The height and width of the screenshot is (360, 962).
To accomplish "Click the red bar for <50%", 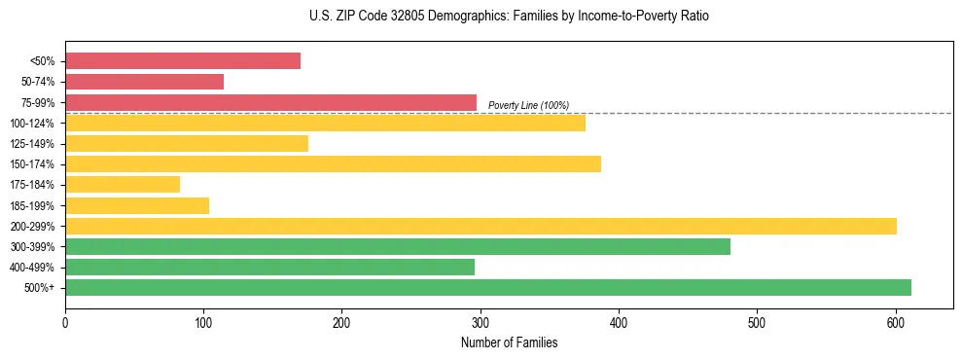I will tap(183, 61).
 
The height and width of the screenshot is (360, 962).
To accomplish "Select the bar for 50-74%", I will tap(144, 82).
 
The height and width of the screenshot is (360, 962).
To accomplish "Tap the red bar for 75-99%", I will tap(270, 102).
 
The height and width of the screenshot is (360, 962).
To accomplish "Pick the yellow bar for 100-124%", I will tap(325, 123).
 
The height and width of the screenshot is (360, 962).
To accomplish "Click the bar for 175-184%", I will tap(123, 184).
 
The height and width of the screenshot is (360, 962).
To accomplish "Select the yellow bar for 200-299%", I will tap(481, 226).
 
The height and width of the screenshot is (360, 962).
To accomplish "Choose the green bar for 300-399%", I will tap(398, 246).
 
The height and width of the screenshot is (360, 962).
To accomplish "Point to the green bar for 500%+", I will tap(488, 287).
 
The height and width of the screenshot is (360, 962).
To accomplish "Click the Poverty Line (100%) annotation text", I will tap(528, 105).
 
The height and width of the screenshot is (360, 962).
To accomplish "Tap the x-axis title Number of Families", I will tap(509, 342).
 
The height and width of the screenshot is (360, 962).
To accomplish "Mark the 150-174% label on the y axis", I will tap(33, 164).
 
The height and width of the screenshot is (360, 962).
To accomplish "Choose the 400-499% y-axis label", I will tap(33, 268).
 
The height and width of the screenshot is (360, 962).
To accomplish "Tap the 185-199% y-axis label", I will tap(33, 205).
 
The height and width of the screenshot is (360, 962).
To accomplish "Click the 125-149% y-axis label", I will tap(33, 144).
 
